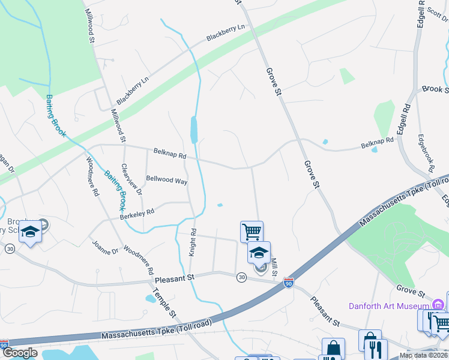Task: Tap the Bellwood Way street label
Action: [167, 180]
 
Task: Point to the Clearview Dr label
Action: [131, 180]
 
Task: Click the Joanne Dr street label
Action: [106, 247]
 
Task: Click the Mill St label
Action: [273, 268]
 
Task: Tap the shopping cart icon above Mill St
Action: [252, 230]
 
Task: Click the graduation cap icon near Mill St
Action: [259, 251]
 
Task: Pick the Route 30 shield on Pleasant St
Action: [241, 277]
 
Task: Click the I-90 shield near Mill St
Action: [289, 283]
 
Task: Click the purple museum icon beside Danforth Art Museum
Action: [439, 304]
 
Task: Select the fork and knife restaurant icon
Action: [376, 349]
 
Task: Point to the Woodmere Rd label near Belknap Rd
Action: [92, 176]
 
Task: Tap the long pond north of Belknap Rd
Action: [194, 129]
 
